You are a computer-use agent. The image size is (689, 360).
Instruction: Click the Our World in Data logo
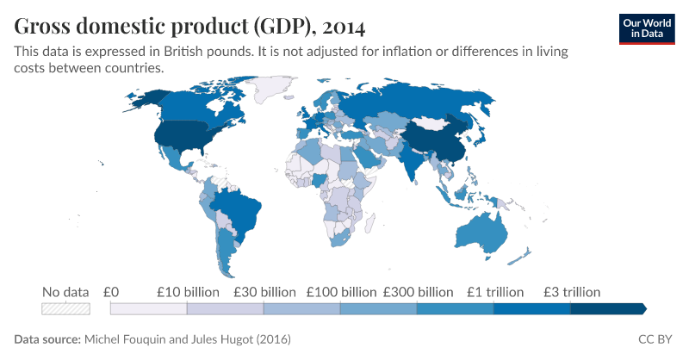point(647,28)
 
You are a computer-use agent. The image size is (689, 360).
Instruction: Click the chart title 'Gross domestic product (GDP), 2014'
point(188,23)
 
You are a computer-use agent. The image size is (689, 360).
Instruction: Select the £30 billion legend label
point(263,291)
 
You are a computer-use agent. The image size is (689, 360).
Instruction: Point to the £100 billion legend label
point(339,291)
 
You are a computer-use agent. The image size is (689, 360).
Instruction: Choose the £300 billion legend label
point(418,291)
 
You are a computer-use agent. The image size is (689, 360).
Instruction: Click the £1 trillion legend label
point(494,291)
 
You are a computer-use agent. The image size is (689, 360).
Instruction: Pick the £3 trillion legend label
point(572,291)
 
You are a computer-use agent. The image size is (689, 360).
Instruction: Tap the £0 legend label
point(110,291)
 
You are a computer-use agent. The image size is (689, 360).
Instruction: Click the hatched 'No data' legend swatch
point(66,308)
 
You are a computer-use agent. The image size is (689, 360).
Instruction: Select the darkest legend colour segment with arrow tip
point(608,308)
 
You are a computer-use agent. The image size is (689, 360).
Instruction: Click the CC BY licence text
point(656,339)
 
